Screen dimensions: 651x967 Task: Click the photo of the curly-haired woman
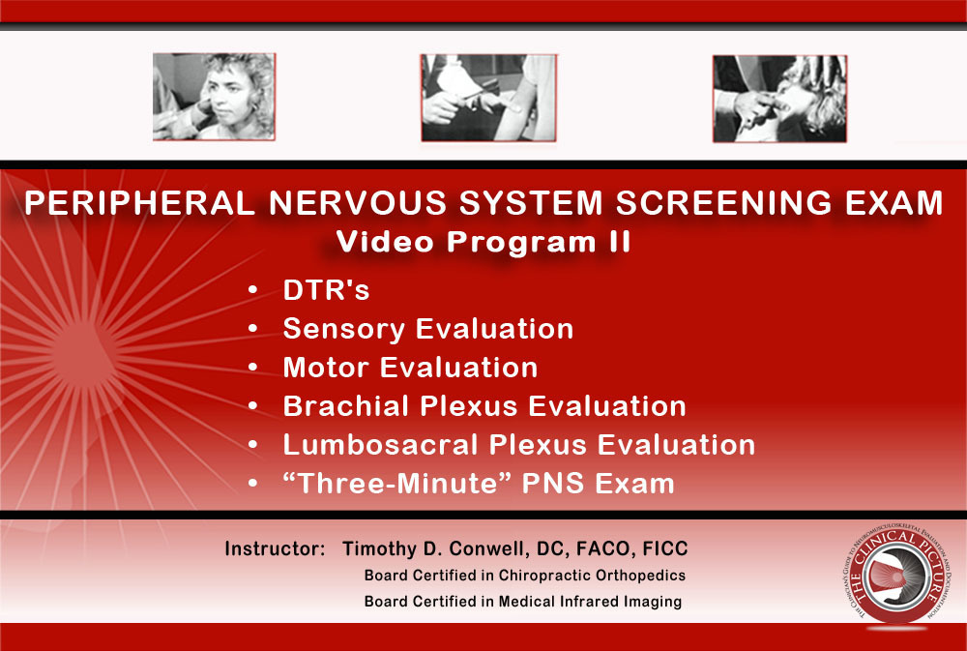[x=214, y=97]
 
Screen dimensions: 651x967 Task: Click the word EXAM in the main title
[x=891, y=203]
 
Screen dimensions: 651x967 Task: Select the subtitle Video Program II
[x=483, y=243]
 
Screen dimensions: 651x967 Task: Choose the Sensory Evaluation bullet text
[x=427, y=329]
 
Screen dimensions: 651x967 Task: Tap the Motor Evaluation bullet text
[x=410, y=368]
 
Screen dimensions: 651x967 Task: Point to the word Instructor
[x=275, y=548]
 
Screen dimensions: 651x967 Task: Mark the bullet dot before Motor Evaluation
[x=252, y=369]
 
